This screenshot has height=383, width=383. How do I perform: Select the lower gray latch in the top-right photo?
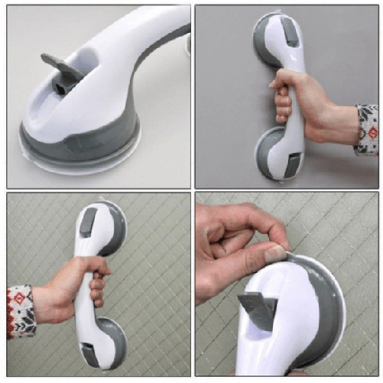294,161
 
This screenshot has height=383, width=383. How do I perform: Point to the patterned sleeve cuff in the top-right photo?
368,130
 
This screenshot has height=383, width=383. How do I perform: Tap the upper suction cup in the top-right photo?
268,42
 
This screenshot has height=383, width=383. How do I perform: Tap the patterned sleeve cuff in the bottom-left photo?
20,310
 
